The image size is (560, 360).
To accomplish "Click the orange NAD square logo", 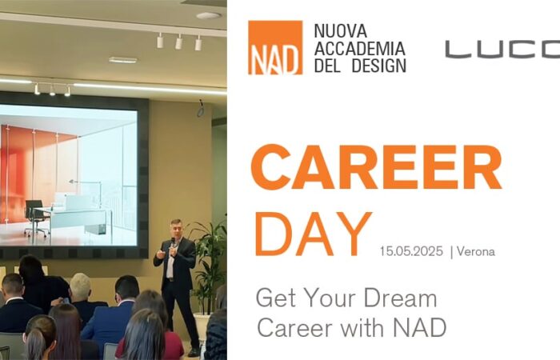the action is pos(275,47).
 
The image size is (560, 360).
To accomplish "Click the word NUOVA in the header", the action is pos(340,31).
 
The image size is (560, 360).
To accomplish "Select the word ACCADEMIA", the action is pos(360,49).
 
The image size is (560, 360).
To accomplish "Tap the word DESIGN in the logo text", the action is pos(379,66).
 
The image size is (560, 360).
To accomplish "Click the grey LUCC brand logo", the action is pos(502,50).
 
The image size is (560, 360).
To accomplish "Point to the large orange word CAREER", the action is pos(377,167).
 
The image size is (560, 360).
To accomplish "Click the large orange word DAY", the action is pos(314,234).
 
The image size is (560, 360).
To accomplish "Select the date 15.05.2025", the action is pos(411,251).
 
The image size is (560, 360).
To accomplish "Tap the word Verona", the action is pos(476,251).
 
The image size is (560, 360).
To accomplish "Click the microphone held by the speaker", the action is pos(173,244).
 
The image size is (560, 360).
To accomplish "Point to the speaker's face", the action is pos(176,230).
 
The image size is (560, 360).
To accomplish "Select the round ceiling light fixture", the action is pos(209,16).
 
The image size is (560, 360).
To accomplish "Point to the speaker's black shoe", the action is pos(194,352).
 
